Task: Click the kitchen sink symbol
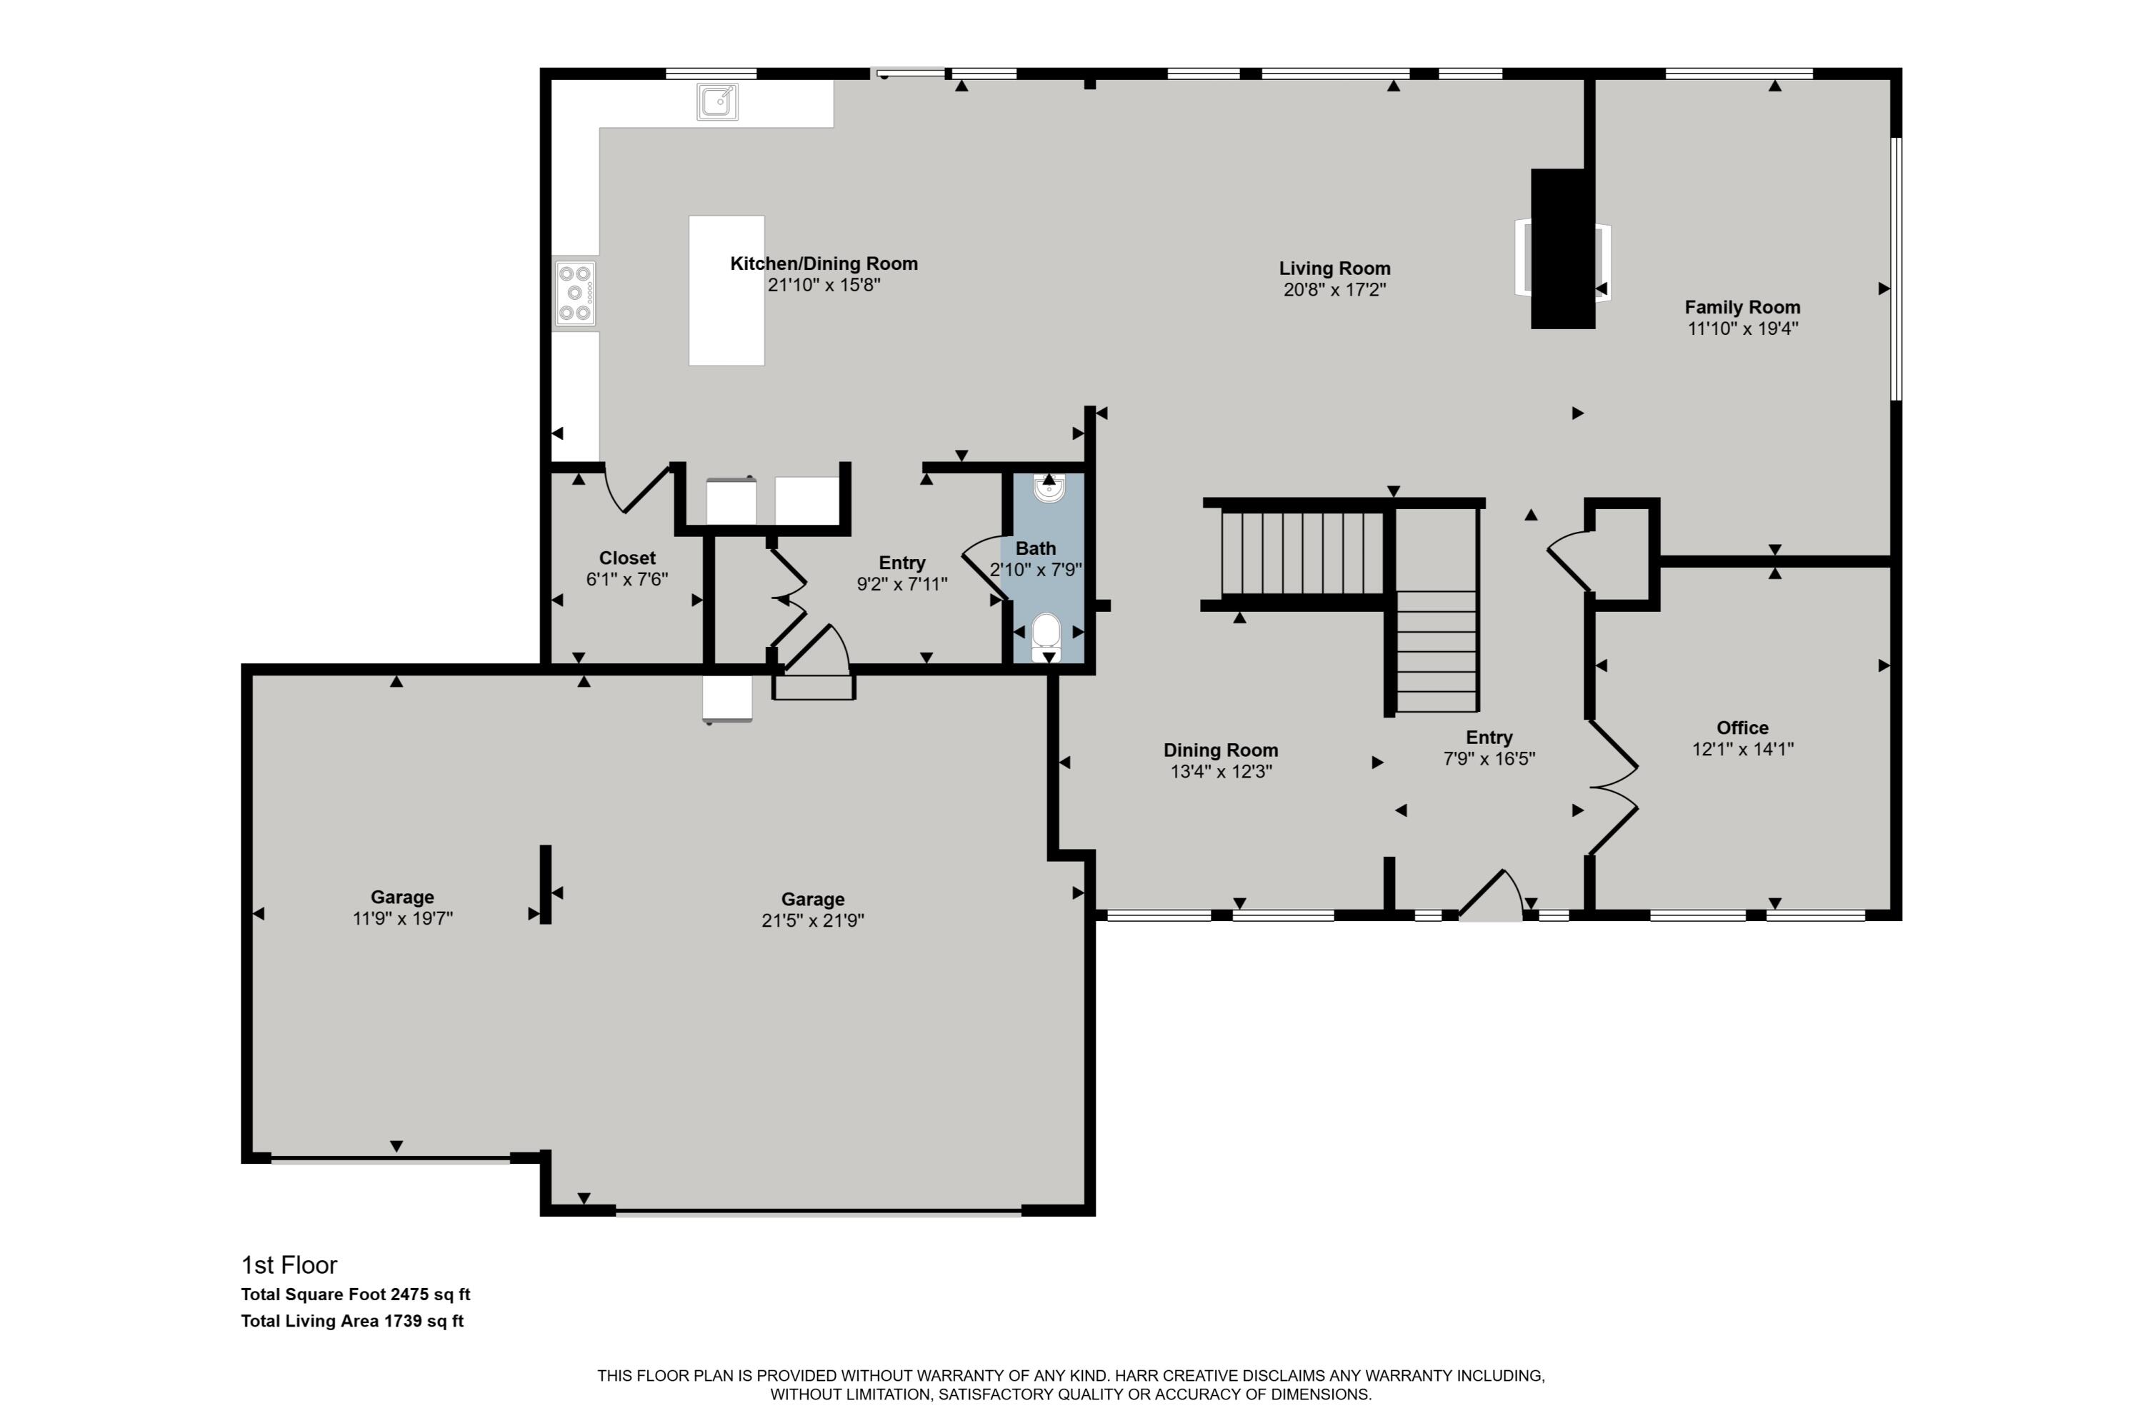click(x=717, y=101)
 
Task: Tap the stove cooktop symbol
click(x=575, y=293)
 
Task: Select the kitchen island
click(x=726, y=291)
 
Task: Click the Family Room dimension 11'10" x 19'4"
click(x=1742, y=328)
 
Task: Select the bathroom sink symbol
click(x=1049, y=489)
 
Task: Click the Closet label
click(x=627, y=558)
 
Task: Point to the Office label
click(x=1742, y=728)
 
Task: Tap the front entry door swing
click(x=1491, y=896)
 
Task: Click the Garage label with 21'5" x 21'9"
click(x=813, y=899)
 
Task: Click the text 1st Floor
click(x=289, y=1265)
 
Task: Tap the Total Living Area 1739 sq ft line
click(x=351, y=1320)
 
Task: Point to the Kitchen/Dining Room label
click(x=824, y=264)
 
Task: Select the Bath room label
click(x=1036, y=548)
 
